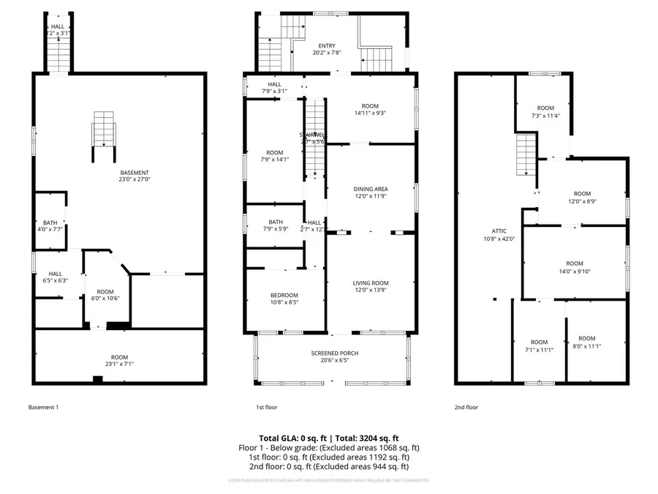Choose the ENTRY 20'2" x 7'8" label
(327, 49)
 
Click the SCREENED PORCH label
(334, 357)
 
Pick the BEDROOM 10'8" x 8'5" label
(284, 298)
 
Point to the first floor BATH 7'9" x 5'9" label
(275, 225)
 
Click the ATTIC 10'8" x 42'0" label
(499, 234)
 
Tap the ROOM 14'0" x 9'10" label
(574, 268)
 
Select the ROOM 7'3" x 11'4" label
(545, 112)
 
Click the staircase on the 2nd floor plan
(527, 154)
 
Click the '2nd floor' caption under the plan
(466, 407)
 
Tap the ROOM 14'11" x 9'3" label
(369, 109)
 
